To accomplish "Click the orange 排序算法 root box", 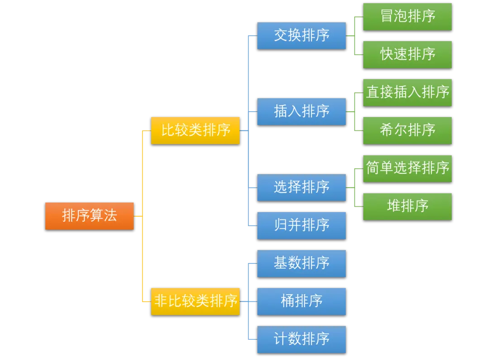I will tap(89, 216).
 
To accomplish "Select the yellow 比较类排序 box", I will tap(195, 130).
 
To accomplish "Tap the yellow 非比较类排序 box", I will tap(195, 301).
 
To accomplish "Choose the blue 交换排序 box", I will tap(301, 35).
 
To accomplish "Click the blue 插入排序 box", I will tap(301, 111).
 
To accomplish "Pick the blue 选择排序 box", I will tap(301, 187).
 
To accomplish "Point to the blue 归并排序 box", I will tap(301, 225).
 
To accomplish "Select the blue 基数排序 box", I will tap(301, 263).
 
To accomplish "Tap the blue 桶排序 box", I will tap(301, 301).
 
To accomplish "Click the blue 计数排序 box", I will tap(301, 339).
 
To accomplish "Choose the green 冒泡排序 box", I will tap(407, 17).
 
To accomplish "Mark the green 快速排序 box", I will tap(407, 54).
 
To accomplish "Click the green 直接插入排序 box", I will tap(407, 92).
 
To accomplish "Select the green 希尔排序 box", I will tap(407, 130).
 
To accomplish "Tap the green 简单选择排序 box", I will tap(407, 168).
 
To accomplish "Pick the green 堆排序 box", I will tap(407, 206).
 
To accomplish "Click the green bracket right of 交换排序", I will tap(353, 35).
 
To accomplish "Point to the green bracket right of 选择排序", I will tap(353, 187).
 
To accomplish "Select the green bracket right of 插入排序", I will tap(353, 111).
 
